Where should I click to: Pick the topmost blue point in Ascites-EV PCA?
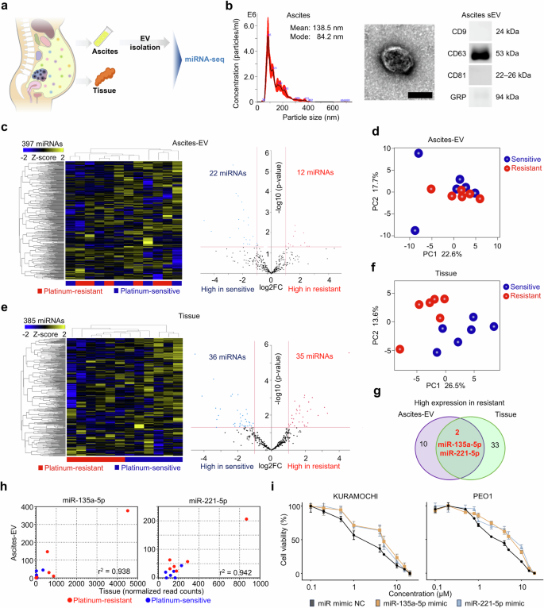pyautogui.click(x=418, y=153)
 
